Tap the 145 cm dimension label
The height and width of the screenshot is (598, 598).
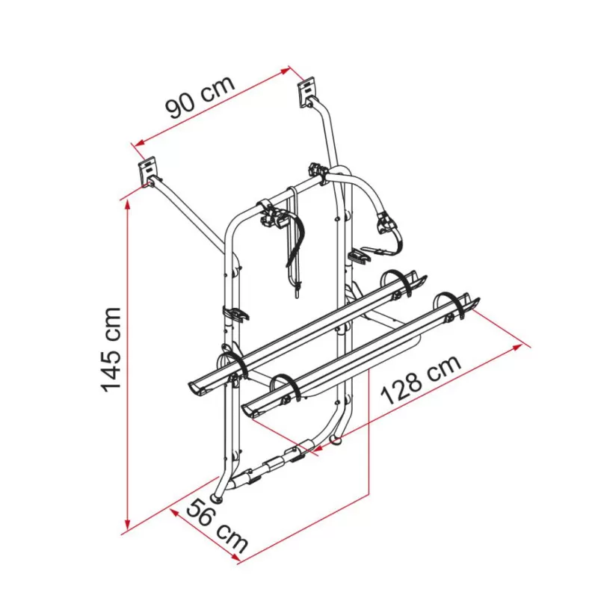[x=111, y=350]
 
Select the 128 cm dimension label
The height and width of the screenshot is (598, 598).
[x=421, y=380]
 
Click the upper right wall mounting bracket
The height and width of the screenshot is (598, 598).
[x=307, y=92]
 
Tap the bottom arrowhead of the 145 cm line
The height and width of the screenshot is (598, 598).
[x=128, y=524]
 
